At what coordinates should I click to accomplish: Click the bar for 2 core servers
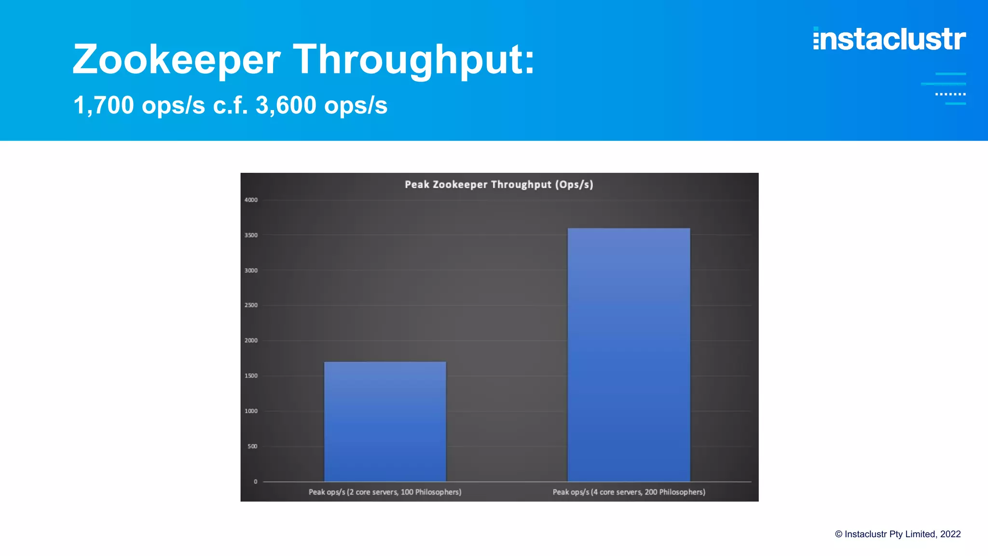[385, 421]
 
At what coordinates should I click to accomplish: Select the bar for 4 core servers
[629, 355]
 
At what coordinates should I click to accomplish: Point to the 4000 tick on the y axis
[251, 200]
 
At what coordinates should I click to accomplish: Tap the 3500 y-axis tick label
[251, 235]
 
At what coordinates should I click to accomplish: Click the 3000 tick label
[251, 270]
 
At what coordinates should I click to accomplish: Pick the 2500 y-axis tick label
[251, 305]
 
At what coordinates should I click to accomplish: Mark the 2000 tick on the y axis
[251, 340]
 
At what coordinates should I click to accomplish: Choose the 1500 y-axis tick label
[251, 375]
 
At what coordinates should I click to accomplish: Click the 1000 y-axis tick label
[251, 411]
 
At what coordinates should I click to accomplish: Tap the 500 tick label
[252, 446]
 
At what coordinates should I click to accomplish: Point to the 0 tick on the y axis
[255, 481]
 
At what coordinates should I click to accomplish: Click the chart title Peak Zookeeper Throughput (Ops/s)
[499, 184]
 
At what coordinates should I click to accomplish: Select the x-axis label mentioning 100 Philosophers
[385, 492]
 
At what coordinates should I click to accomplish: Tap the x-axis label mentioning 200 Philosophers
[629, 492]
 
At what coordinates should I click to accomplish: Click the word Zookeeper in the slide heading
[177, 60]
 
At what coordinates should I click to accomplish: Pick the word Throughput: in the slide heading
[414, 60]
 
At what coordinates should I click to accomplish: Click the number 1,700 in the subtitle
[104, 105]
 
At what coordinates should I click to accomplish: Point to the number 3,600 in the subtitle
[286, 105]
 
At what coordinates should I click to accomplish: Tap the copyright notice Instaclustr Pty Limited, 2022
[898, 534]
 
